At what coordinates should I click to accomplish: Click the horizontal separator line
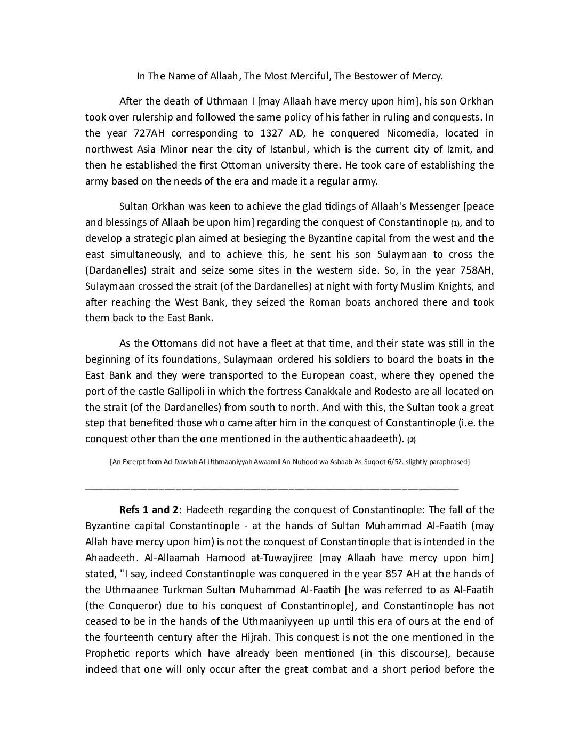(x=272, y=488)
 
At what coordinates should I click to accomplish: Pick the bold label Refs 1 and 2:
(x=151, y=509)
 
